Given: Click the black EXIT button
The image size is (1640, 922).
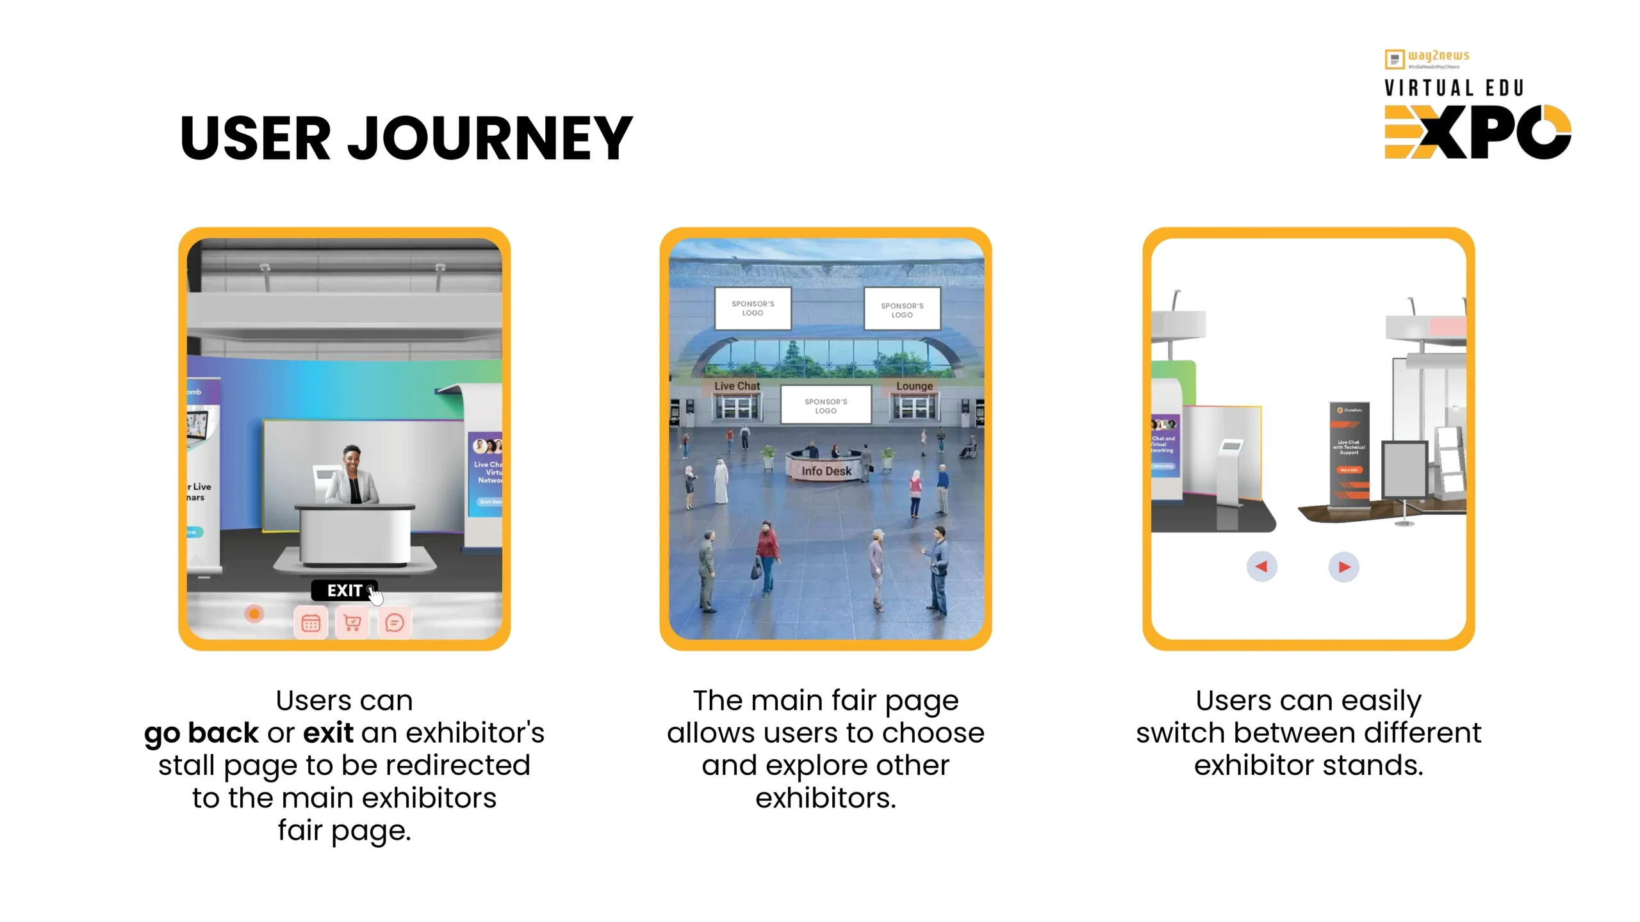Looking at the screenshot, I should (x=344, y=590).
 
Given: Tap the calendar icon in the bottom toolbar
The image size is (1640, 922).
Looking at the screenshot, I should (x=311, y=622).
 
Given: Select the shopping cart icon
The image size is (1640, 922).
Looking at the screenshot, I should (x=352, y=622).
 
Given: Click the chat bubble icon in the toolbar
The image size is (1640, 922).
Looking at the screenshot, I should (x=395, y=622).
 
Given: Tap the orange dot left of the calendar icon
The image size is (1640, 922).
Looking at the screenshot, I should (x=254, y=614).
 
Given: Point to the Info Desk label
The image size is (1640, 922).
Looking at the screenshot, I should (x=826, y=471).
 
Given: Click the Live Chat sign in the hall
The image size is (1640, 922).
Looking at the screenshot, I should (x=737, y=386).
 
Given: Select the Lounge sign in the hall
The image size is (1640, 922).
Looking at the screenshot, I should (x=914, y=386).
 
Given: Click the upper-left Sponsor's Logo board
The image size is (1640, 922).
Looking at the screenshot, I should (x=753, y=309).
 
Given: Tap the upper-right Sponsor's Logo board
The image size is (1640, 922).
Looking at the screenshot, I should (x=902, y=310).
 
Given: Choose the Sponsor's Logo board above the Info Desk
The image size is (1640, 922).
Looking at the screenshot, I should (x=826, y=406).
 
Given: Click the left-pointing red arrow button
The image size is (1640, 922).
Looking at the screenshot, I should (x=1261, y=567).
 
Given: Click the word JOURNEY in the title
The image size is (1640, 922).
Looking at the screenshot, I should (x=490, y=138).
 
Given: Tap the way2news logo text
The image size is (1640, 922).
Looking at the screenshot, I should (x=1438, y=56).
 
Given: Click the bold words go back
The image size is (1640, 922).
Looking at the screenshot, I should (x=201, y=732).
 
